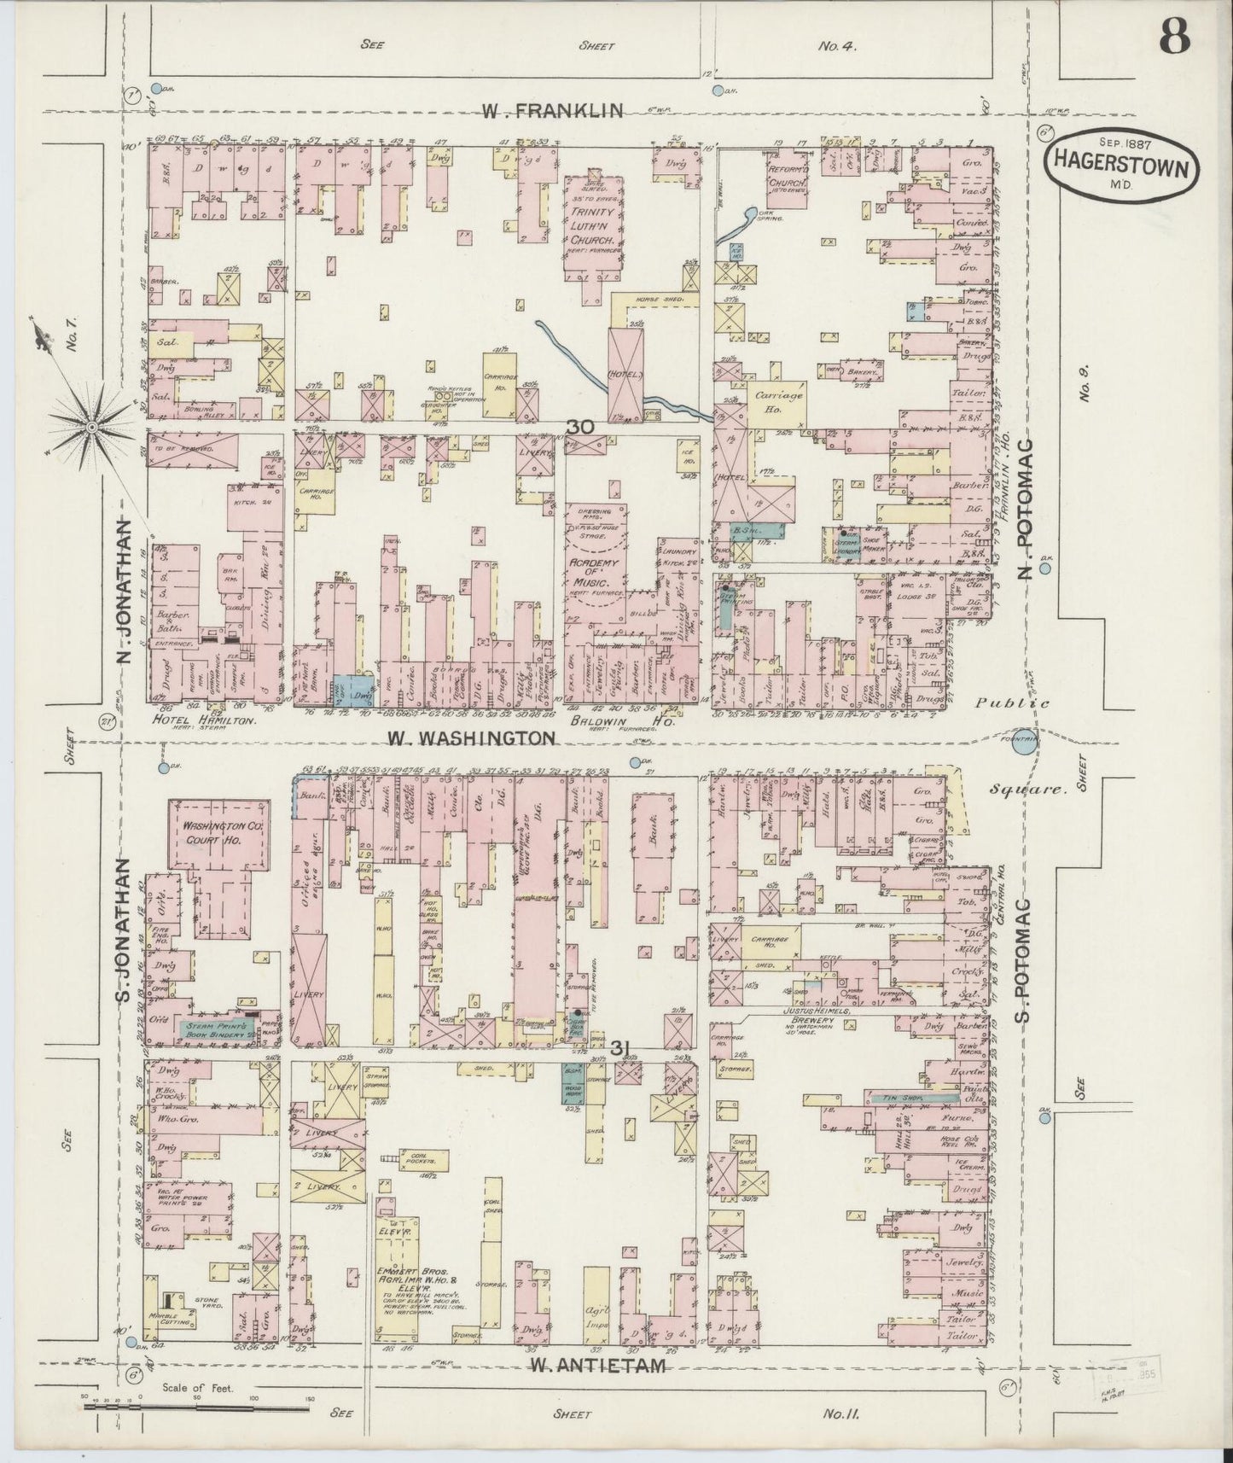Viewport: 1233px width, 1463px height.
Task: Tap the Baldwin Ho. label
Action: tap(629, 720)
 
